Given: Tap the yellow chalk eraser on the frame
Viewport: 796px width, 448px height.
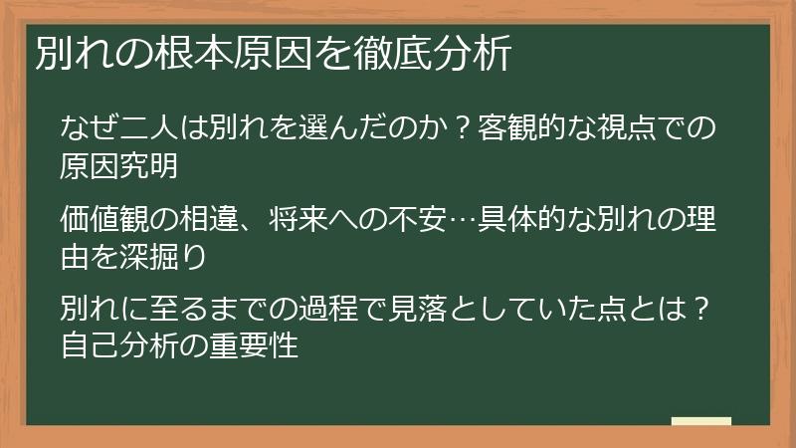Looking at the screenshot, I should [701, 422].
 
